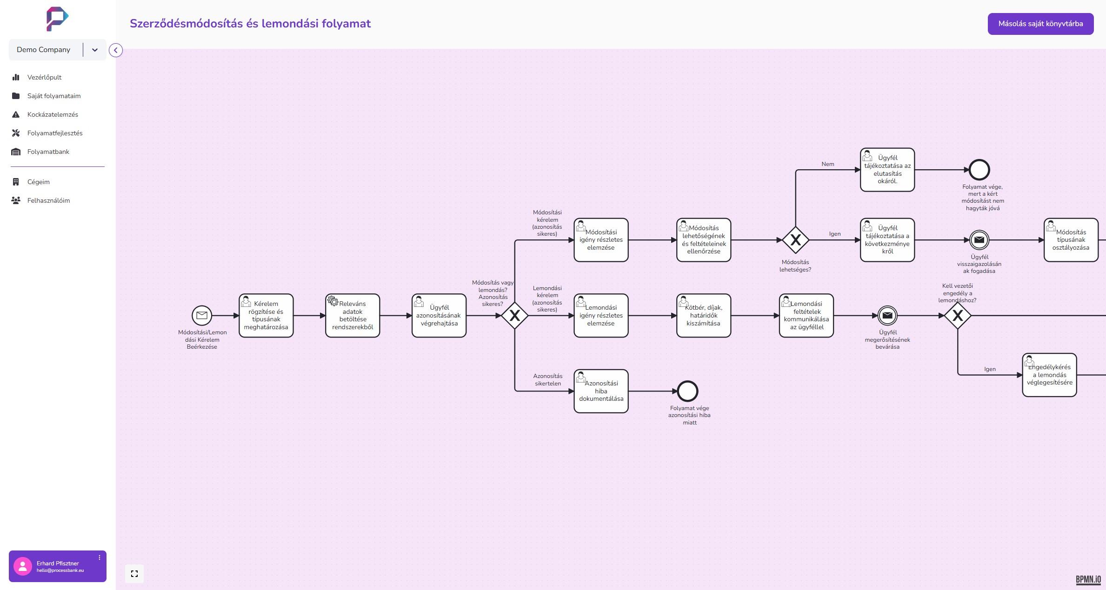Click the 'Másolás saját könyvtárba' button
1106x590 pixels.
point(1040,24)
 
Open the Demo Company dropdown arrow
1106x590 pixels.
point(95,50)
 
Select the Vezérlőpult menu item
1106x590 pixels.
point(44,77)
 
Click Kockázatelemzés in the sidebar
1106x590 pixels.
point(53,114)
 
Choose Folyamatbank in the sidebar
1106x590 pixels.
point(48,152)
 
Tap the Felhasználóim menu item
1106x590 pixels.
point(48,200)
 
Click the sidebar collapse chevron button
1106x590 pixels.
point(116,50)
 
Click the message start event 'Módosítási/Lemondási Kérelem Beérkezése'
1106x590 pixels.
point(202,316)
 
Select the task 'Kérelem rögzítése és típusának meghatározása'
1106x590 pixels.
point(266,316)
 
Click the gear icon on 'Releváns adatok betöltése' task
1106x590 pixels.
point(333,301)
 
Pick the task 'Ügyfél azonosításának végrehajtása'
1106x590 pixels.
point(439,316)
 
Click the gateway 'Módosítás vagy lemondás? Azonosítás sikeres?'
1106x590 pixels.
point(514,316)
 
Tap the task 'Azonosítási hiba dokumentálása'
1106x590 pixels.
point(601,391)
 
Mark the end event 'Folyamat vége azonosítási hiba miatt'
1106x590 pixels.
point(687,391)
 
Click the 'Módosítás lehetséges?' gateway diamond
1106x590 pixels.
point(795,240)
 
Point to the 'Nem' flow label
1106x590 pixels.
point(828,164)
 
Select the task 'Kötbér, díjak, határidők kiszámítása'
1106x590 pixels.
point(703,316)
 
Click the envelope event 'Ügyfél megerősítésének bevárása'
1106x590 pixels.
point(887,316)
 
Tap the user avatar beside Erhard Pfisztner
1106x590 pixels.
point(22,566)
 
